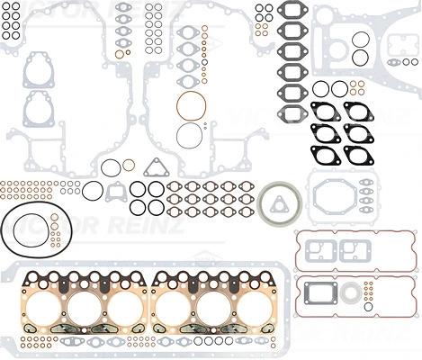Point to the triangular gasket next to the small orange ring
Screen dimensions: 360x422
point(157,167)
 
